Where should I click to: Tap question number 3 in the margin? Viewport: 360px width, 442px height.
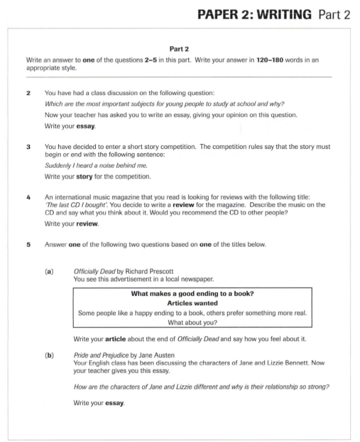29,147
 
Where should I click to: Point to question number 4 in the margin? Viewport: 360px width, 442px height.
29,196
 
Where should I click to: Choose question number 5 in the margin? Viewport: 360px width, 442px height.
29,243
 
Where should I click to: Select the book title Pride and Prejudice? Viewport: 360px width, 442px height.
101,355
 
